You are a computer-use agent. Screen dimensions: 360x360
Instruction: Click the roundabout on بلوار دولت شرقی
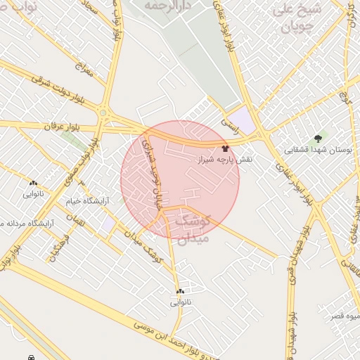point(103,112)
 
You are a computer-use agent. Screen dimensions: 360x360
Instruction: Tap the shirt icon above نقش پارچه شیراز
point(225,148)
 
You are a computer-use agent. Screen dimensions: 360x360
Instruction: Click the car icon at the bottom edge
point(31,357)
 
